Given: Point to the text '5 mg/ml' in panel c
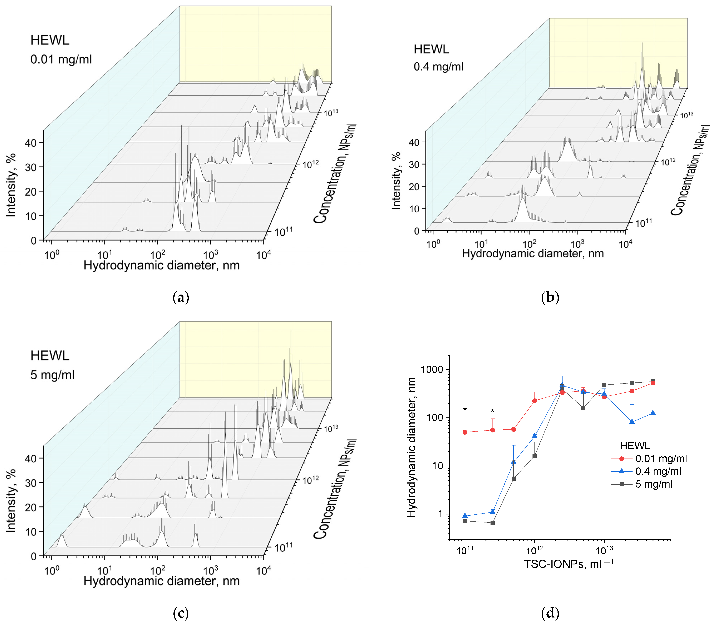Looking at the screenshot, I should [52, 375].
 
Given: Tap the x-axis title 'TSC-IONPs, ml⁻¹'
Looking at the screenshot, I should [569, 564].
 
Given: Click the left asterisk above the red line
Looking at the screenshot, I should [465, 409].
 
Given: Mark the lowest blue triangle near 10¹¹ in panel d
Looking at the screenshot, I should [465, 516].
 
